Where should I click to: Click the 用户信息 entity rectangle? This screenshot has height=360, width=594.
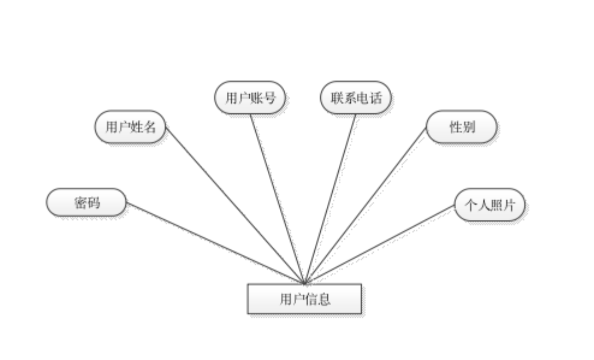tap(304, 299)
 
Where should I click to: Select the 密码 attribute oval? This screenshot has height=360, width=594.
tap(86, 202)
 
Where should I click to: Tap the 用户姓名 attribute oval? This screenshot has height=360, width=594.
tap(130, 126)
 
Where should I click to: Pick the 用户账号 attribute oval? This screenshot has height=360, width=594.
tap(250, 97)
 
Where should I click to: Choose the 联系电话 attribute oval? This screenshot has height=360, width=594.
tap(356, 97)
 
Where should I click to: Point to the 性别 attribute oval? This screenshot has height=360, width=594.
tap(462, 126)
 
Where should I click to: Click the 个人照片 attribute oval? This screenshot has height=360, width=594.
tap(490, 204)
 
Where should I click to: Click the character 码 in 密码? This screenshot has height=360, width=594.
tap(93, 202)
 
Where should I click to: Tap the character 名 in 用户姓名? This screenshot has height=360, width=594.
tap(149, 126)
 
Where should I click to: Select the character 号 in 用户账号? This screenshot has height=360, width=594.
tap(269, 97)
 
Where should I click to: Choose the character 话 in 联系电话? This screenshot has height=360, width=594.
tap(375, 97)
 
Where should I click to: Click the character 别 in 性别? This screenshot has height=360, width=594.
tap(468, 126)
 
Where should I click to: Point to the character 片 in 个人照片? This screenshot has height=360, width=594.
tap(508, 204)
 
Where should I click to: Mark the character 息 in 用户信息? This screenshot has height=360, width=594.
tap(324, 299)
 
